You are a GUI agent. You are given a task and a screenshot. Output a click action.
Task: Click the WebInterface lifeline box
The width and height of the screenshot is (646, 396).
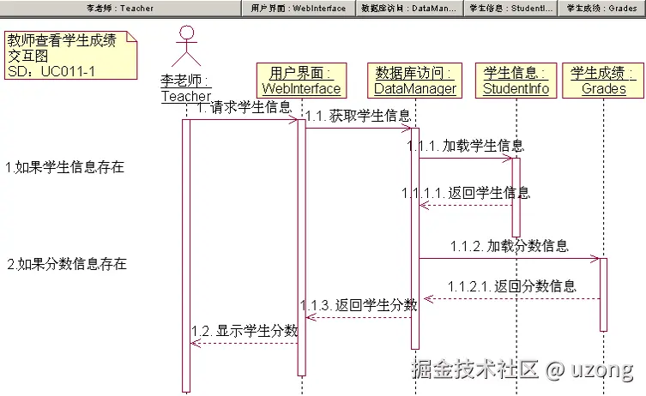coord(301,80)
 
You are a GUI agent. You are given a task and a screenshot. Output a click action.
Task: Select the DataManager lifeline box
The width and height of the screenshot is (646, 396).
coord(415,80)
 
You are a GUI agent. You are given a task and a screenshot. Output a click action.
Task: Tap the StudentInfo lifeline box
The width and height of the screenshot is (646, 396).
coord(516,80)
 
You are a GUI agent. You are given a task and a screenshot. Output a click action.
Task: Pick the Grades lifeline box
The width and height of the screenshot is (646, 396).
coord(603,80)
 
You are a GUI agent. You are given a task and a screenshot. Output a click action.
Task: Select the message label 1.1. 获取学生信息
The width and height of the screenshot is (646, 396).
coord(358,116)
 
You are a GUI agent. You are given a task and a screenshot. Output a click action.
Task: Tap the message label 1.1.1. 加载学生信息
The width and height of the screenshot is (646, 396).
coord(466,146)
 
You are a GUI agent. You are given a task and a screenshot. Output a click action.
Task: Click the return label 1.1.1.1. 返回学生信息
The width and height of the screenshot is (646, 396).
coord(465,193)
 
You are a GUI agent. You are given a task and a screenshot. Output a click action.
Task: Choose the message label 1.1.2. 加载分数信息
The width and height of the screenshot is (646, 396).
coord(509,246)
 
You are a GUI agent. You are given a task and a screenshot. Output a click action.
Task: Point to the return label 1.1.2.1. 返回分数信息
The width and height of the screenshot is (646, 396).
coord(511,286)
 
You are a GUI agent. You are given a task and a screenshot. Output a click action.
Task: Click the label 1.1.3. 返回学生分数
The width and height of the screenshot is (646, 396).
coord(359,305)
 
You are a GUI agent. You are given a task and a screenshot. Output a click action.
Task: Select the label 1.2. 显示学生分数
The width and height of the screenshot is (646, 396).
coord(245,331)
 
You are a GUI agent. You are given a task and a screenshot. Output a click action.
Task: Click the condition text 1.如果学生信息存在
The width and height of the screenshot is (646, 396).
coord(65,167)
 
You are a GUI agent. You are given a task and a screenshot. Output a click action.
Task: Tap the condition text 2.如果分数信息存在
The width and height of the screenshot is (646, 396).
coord(67,264)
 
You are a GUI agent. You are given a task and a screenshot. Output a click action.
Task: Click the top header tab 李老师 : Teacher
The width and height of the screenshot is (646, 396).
coord(120,8)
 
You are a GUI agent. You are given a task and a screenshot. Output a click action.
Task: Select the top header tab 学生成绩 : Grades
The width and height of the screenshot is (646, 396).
coord(601,8)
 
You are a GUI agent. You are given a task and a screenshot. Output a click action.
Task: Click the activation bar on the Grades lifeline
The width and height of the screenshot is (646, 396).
coord(603,294)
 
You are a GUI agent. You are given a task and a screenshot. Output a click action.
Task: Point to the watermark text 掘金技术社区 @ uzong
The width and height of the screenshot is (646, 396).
coord(522,370)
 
